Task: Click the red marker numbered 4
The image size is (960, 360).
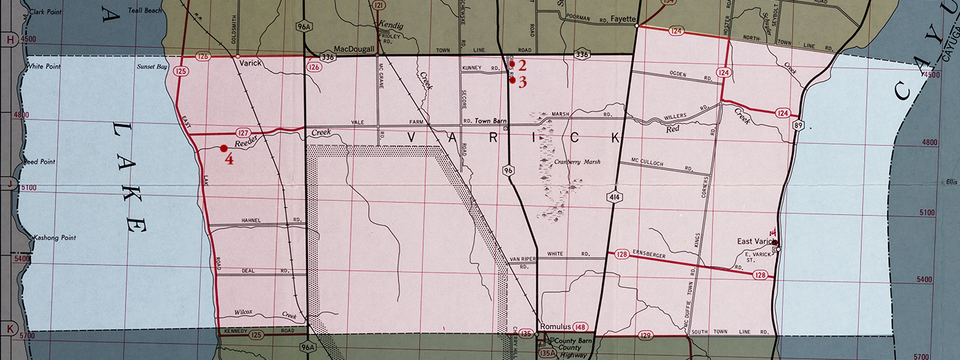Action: (x=224, y=147)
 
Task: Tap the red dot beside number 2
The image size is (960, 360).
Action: (x=512, y=64)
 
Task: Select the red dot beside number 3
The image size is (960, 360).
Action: (x=512, y=80)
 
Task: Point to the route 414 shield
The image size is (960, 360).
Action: (x=610, y=197)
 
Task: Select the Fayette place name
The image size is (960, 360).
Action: (x=621, y=19)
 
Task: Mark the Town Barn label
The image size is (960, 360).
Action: (x=491, y=121)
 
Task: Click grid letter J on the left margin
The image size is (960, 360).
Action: (x=10, y=183)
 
